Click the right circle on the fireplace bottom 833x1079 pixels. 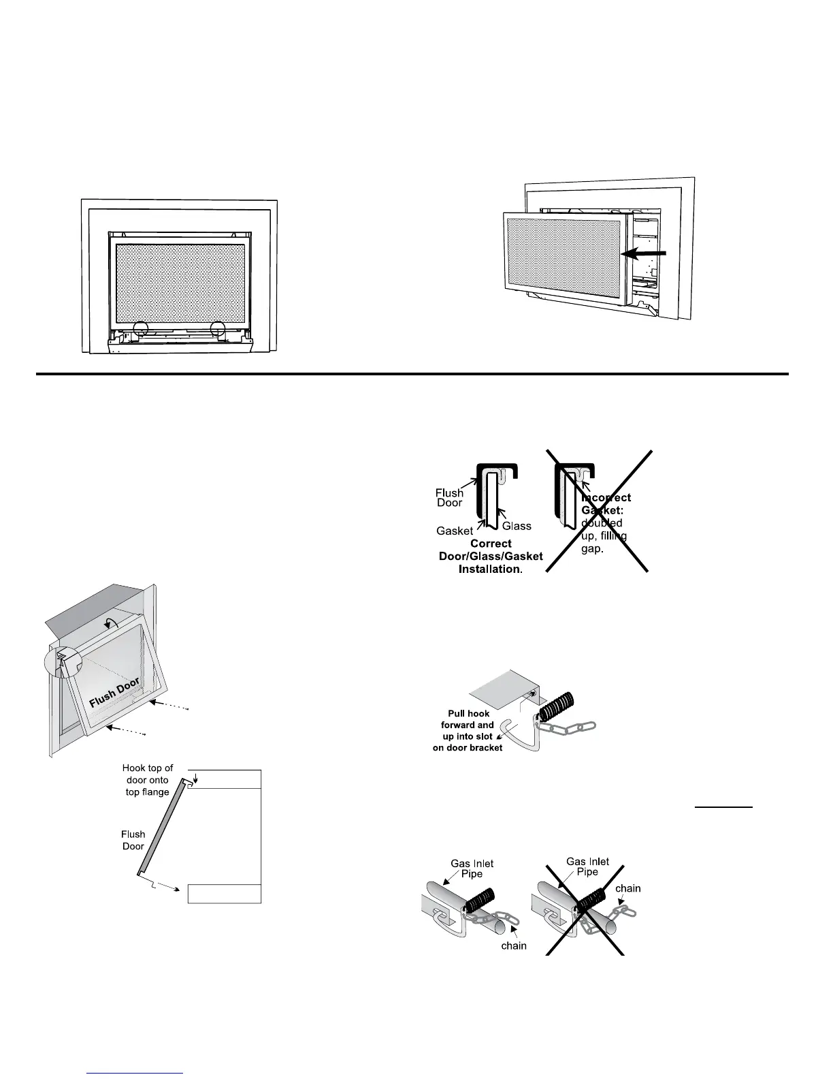tap(218, 330)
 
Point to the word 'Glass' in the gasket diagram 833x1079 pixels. tap(517, 526)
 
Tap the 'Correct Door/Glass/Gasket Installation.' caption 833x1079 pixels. tap(491, 557)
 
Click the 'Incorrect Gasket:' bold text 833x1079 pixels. tap(606, 503)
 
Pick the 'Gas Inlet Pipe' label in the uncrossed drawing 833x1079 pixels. tap(472, 869)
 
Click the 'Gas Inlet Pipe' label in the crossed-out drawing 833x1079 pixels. tap(587, 866)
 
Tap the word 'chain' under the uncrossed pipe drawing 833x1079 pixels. tap(514, 945)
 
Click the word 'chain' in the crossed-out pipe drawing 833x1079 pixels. tap(627, 888)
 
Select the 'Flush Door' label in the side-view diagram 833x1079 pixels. tap(133, 840)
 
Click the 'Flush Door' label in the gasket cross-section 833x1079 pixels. tap(449, 497)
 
